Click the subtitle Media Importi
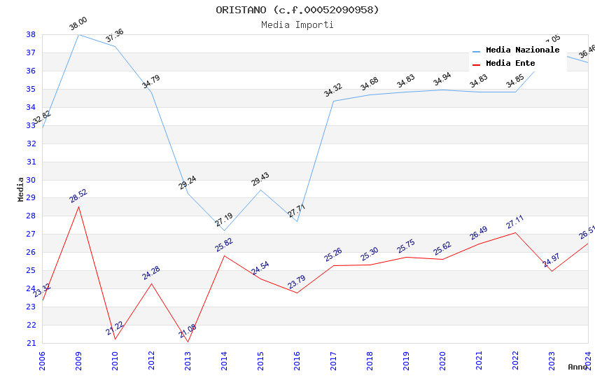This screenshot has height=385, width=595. click(x=297, y=24)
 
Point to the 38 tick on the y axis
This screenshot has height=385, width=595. click(x=31, y=34)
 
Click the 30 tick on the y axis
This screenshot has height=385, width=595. click(x=31, y=162)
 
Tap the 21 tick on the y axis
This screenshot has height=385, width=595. click(x=31, y=343)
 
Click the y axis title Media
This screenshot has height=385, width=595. click(x=21, y=189)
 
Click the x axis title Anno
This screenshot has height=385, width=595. click(x=577, y=367)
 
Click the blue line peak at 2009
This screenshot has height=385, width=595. click(x=78, y=34)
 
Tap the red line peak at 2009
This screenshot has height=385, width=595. click(x=78, y=206)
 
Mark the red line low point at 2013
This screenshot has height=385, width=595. click(x=188, y=342)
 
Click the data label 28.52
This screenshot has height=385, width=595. click(x=78, y=196)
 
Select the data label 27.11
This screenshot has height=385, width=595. click(x=515, y=222)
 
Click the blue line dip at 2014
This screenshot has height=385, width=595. click(x=224, y=230)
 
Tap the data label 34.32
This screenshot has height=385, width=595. click(x=333, y=90)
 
